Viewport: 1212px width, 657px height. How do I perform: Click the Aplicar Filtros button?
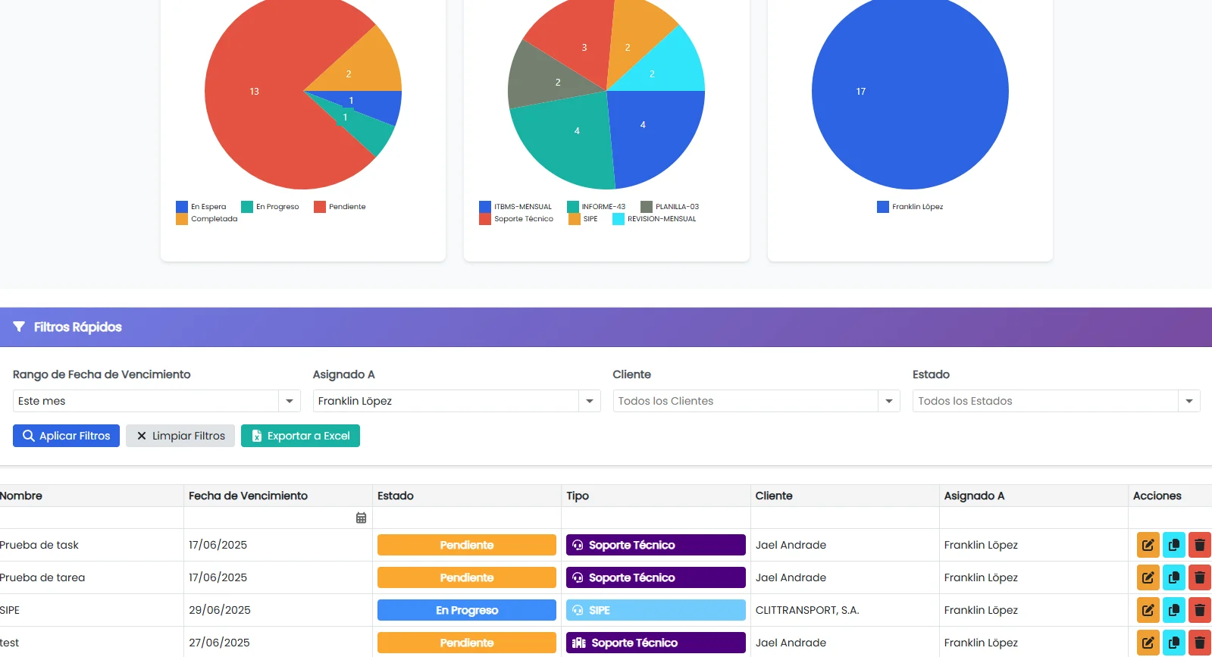[x=66, y=436]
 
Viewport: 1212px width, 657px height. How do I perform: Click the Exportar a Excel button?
[x=300, y=436]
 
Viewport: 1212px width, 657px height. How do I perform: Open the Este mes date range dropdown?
[x=156, y=401]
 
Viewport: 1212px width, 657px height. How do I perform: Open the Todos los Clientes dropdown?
[x=756, y=401]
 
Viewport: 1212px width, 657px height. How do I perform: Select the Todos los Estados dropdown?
[x=1055, y=401]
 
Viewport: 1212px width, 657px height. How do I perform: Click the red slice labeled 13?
[x=254, y=114]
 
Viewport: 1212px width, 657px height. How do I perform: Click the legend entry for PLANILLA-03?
[x=670, y=207]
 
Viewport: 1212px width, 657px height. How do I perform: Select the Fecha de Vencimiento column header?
[x=248, y=496]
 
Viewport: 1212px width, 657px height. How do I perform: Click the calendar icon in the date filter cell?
[x=361, y=518]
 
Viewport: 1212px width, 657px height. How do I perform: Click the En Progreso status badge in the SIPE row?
[x=467, y=610]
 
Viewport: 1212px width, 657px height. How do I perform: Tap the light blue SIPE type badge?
[x=656, y=610]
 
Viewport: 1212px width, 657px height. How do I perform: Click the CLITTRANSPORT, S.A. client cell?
[x=807, y=610]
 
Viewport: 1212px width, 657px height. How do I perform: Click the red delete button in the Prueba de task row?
[x=1199, y=545]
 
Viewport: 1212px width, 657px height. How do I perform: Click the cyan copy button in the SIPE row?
[x=1173, y=610]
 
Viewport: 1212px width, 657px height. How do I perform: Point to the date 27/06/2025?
[x=219, y=643]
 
